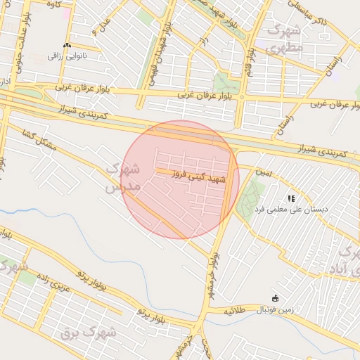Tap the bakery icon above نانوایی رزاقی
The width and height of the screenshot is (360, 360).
[x=67, y=45]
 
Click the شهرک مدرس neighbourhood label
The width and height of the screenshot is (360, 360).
[x=124, y=177]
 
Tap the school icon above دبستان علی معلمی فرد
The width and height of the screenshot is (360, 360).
[x=292, y=199]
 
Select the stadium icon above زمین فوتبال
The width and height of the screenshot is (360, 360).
[x=276, y=299]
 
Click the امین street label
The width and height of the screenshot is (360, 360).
[x=263, y=172]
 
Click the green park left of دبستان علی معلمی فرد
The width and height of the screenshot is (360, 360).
[x=249, y=198]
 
